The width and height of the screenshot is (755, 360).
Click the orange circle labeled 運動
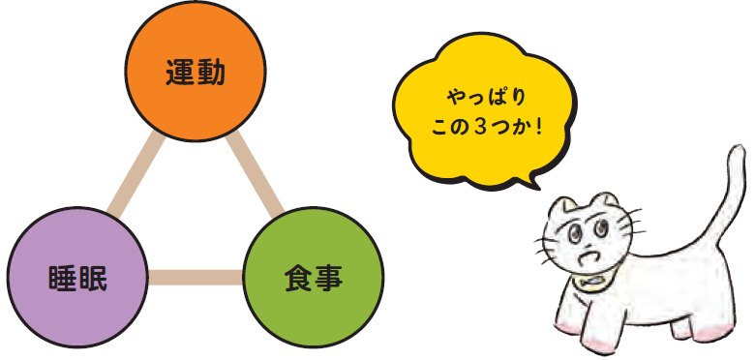coord(196,72)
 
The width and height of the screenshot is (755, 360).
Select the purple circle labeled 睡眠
coord(77,277)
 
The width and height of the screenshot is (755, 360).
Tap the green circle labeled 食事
coord(314,277)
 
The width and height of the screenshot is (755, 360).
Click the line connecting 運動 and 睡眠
coord(136,173)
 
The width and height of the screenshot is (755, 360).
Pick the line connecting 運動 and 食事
coord(255,173)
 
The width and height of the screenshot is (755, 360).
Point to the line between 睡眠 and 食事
coord(196,277)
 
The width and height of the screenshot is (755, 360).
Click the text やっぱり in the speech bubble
coord(486,98)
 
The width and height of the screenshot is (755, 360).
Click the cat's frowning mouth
coord(588,257)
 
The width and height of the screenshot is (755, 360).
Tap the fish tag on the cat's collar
coord(590,281)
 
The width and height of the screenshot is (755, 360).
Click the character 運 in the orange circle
coord(180,73)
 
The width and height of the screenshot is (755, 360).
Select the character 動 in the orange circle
coord(210,73)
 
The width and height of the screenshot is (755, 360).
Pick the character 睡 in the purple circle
coord(62,278)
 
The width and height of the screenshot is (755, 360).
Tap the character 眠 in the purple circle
coord(93,278)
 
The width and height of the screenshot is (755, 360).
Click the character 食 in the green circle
coord(298,278)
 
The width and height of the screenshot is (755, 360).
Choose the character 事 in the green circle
coord(328,278)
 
